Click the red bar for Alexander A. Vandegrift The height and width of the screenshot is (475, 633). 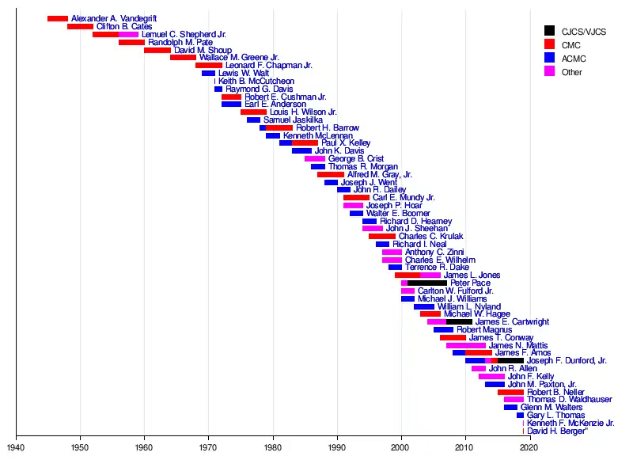(x=57, y=18)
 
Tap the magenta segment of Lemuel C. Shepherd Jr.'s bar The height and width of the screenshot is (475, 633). (x=128, y=34)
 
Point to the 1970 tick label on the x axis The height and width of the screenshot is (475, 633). (x=208, y=447)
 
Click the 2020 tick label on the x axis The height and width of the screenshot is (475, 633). (x=529, y=447)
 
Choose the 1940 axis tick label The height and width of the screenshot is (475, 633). (x=16, y=447)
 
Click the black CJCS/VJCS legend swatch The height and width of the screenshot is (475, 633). (x=549, y=31)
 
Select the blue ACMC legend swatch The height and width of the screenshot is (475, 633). (x=549, y=58)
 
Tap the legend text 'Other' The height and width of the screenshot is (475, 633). (x=571, y=72)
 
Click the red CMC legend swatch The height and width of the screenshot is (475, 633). (x=549, y=44)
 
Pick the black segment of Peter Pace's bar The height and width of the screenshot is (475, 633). (x=427, y=283)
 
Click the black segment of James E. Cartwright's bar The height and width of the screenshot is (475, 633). (x=459, y=321)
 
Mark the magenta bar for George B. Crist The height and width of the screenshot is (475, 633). (x=314, y=158)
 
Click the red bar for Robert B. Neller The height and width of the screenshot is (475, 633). (x=510, y=392)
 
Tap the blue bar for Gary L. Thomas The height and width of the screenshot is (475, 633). (x=520, y=415)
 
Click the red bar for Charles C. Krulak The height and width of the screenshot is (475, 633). (x=381, y=236)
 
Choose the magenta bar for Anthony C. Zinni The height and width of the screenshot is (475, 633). (x=392, y=252)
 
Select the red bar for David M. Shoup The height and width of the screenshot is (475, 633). (x=157, y=50)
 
